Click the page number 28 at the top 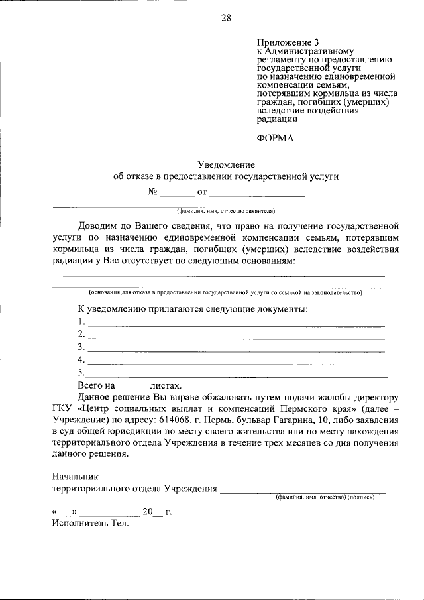(226, 18)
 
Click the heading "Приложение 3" (282, 41)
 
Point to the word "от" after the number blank (202, 193)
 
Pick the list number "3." (81, 347)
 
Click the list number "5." (81, 373)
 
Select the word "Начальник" (75, 477)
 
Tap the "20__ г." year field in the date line (156, 512)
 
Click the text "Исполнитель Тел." (90, 524)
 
